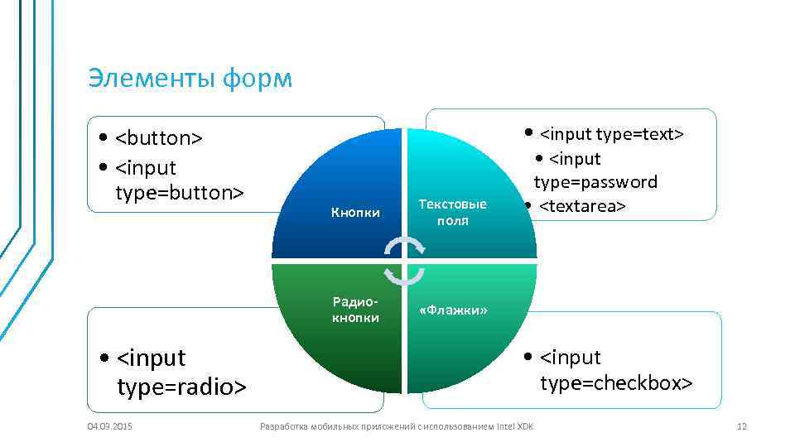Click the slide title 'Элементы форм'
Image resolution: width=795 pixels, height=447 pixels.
click(190, 79)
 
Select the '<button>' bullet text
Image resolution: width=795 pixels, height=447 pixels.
click(159, 137)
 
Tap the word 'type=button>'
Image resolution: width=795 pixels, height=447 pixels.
click(180, 192)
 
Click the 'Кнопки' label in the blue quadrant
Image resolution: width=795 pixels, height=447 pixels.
click(355, 214)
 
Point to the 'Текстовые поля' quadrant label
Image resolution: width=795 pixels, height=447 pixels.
click(453, 212)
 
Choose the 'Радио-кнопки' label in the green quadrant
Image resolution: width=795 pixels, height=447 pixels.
click(355, 310)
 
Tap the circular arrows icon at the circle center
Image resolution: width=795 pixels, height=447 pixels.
click(405, 260)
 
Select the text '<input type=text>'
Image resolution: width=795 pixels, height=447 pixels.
click(612, 133)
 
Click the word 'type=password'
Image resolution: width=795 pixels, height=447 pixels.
click(595, 182)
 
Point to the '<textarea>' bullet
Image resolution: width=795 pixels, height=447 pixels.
click(583, 205)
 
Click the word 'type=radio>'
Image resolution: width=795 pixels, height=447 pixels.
click(182, 387)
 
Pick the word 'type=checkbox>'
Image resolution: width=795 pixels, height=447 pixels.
click(616, 382)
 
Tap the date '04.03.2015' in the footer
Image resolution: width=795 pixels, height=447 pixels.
click(111, 426)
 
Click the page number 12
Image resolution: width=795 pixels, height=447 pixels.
click(741, 426)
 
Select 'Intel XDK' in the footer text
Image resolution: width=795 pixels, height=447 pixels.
click(515, 426)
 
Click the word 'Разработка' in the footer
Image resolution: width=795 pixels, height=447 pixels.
click(282, 426)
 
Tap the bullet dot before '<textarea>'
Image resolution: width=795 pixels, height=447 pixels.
click(528, 205)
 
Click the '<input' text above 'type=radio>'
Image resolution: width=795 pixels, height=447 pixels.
click(152, 358)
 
